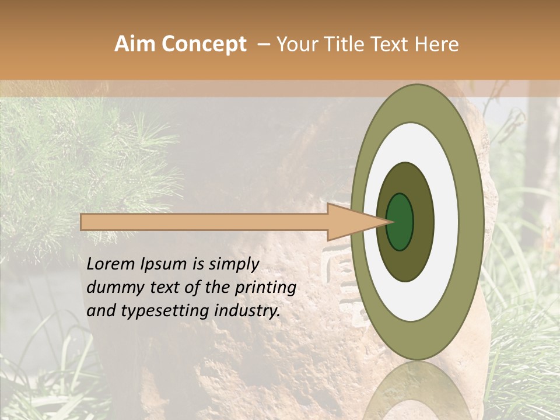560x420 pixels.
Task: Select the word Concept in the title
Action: [204, 44]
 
